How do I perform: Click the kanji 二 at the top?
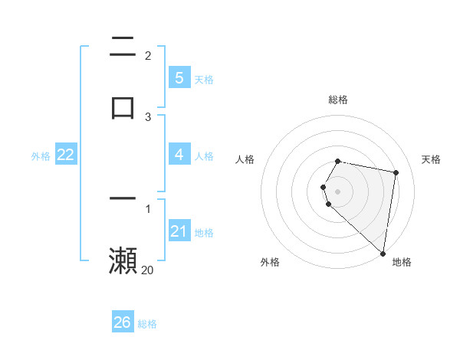click(x=123, y=46)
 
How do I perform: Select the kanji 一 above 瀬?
click(x=123, y=198)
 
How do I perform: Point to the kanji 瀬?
click(x=123, y=260)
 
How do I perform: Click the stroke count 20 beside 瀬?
click(x=147, y=270)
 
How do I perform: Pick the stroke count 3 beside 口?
click(x=148, y=116)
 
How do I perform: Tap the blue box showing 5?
click(x=179, y=77)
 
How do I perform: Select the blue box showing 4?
click(x=179, y=155)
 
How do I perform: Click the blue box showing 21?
click(x=179, y=231)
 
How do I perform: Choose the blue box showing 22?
click(x=66, y=155)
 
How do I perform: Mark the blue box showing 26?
click(x=123, y=322)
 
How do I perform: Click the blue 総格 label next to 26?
click(x=147, y=324)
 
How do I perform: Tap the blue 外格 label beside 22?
click(x=41, y=156)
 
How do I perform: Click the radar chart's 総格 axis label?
click(x=338, y=100)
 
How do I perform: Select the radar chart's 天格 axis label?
click(x=431, y=159)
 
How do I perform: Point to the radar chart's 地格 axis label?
click(x=402, y=262)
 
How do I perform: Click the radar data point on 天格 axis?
click(x=396, y=172)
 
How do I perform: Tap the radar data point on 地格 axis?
click(x=383, y=253)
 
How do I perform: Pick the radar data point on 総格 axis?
click(x=338, y=161)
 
